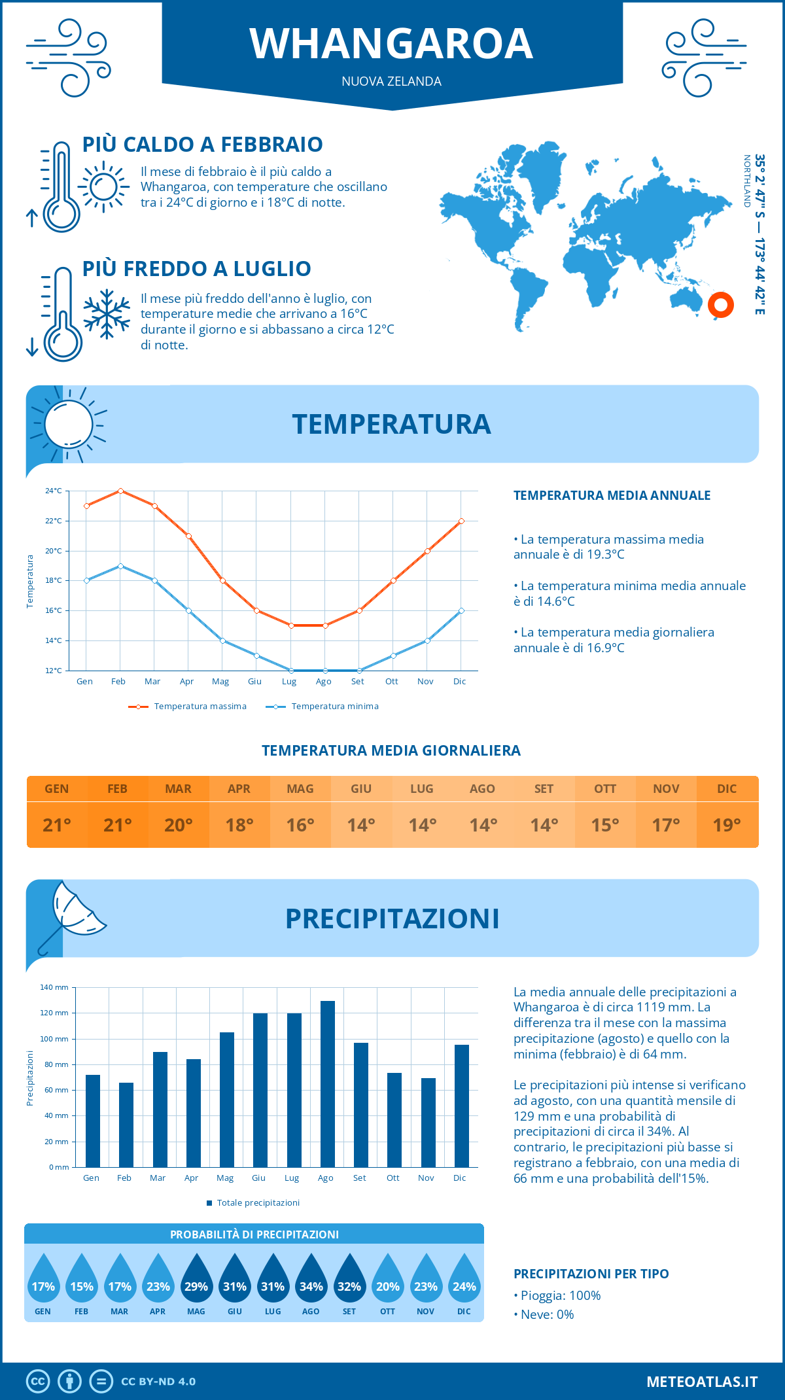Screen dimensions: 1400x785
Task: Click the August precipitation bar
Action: [x=327, y=1084]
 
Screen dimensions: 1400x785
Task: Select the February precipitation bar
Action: [x=126, y=1125]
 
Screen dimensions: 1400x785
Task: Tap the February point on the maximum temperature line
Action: [x=120, y=491]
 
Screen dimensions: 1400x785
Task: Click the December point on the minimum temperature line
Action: [x=461, y=610]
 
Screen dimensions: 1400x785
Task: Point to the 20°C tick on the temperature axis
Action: [x=54, y=551]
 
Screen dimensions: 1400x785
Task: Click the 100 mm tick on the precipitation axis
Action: [x=54, y=1039]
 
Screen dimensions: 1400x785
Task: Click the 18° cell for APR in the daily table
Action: [x=239, y=825]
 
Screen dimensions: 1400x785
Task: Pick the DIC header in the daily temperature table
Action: [x=727, y=789]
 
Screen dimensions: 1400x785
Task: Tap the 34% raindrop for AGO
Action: [x=311, y=1279]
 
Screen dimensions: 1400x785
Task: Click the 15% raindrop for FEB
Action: [x=82, y=1279]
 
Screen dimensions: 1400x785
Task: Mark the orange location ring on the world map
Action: [x=720, y=305]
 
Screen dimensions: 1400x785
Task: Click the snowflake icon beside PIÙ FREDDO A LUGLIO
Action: [x=107, y=314]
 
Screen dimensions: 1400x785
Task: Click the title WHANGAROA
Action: [x=391, y=44]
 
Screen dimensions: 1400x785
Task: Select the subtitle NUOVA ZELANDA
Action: [x=391, y=81]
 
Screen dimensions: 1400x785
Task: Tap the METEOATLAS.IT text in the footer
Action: [x=701, y=1382]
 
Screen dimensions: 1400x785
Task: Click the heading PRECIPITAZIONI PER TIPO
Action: [x=591, y=1274]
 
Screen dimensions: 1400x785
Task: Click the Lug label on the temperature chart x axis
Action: [x=289, y=682]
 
